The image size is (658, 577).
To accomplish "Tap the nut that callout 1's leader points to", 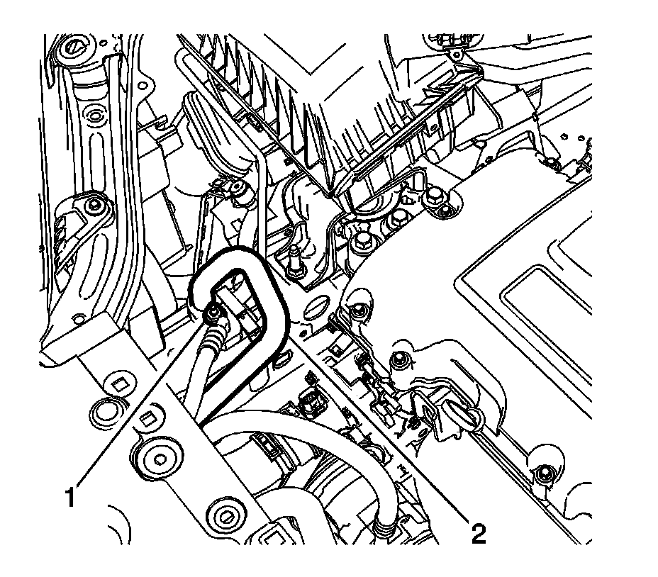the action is coord(213,313).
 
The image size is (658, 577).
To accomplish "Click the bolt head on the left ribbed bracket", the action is coord(92,205).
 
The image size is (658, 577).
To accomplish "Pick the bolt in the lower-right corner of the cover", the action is coord(545,474).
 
